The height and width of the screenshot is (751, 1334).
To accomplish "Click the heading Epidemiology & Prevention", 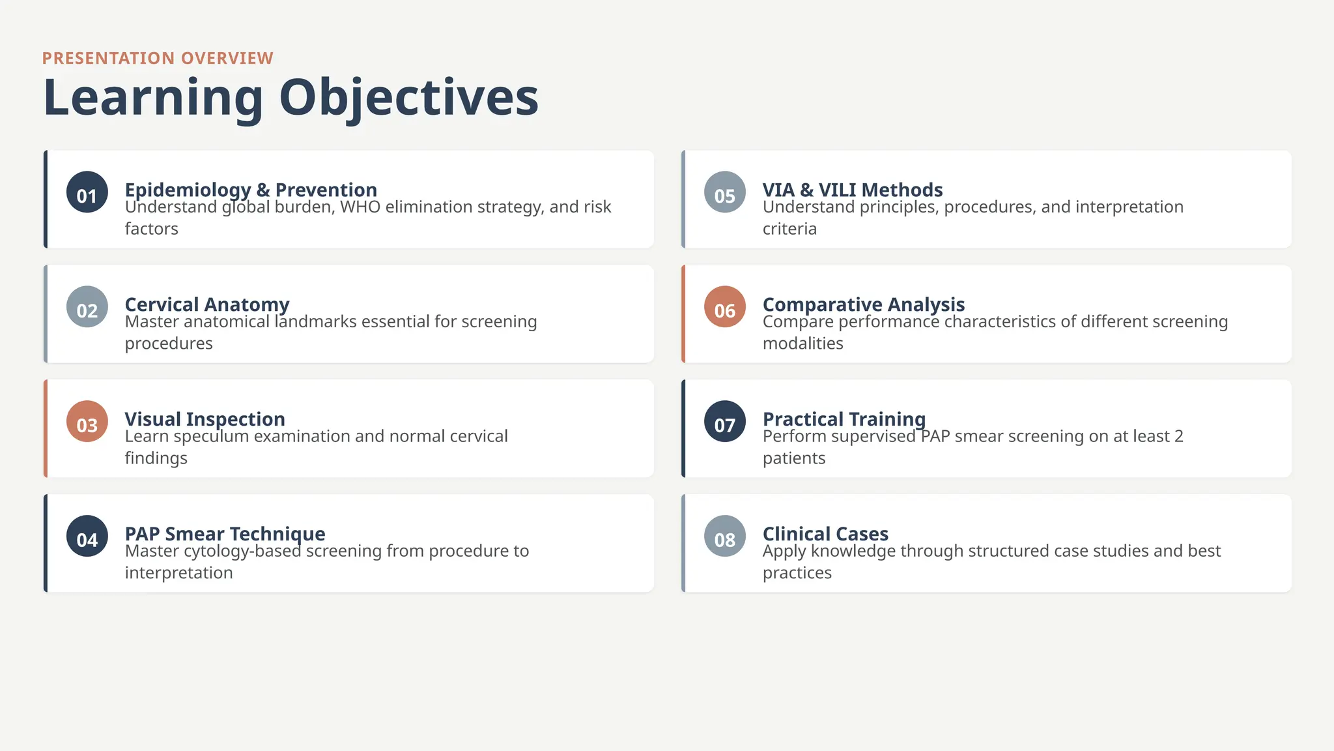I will click(x=251, y=190).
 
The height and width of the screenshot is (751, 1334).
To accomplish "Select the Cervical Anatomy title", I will click(x=207, y=304).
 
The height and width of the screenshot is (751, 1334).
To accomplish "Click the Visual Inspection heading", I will click(x=205, y=419).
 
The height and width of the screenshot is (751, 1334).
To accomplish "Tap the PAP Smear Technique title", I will click(x=225, y=534).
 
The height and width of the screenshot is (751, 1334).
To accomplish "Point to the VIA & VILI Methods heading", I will click(x=852, y=190).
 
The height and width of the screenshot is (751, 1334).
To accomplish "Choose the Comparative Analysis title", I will click(x=863, y=304).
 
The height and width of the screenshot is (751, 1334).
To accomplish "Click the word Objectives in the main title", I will click(x=408, y=98).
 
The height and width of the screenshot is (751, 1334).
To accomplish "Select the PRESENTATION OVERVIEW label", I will click(x=158, y=58).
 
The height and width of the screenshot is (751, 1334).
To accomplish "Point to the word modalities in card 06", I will click(x=802, y=344).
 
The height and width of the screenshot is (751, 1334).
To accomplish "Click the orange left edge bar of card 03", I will click(x=46, y=428).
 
